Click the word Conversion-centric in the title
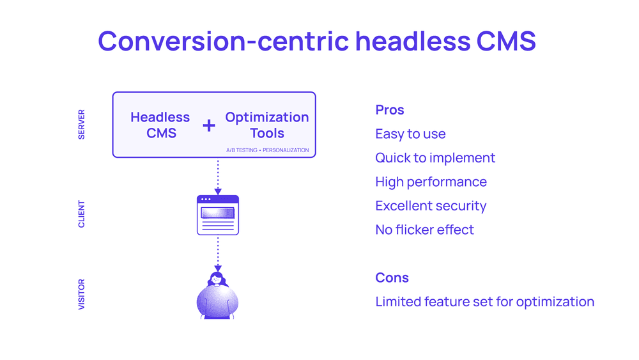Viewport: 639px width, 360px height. (x=224, y=41)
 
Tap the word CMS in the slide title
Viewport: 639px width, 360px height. (x=506, y=41)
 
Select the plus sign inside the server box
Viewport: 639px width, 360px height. (x=209, y=125)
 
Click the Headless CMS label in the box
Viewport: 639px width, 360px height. (x=160, y=125)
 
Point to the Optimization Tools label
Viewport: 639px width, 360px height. (x=267, y=125)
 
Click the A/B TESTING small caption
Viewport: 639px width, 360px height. (x=242, y=150)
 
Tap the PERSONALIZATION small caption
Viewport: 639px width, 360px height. (x=286, y=150)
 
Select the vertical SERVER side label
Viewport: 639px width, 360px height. (x=82, y=124)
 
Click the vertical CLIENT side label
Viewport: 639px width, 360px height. (x=82, y=214)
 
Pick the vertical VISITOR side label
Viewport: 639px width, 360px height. (x=82, y=294)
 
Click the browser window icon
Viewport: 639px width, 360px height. (x=218, y=215)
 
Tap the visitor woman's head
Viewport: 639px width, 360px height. (x=217, y=279)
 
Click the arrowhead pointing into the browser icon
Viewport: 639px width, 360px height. (x=218, y=192)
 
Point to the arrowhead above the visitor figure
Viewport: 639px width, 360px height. (x=218, y=269)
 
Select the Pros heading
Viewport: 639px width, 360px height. (x=390, y=110)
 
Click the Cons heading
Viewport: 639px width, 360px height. (x=392, y=278)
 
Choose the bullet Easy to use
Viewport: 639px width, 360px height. (x=410, y=134)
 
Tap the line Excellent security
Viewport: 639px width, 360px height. (x=431, y=206)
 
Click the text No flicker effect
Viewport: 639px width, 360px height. (x=425, y=230)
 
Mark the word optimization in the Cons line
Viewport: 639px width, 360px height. (x=555, y=302)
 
